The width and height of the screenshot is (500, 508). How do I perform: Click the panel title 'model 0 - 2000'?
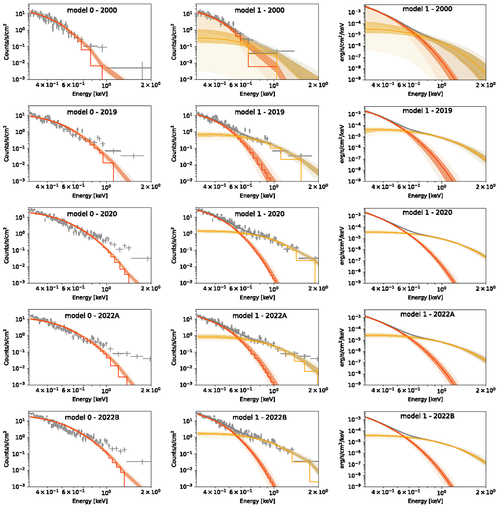coord(92,10)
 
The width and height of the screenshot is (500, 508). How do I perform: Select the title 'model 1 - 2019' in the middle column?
coord(259,112)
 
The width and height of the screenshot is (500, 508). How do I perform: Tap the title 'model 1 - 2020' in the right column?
coord(427,212)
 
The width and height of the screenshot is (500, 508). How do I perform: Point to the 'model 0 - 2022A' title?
coord(92,316)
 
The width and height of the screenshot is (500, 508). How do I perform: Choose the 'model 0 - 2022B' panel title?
coord(92,417)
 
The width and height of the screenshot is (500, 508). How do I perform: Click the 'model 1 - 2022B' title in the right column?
coord(427,416)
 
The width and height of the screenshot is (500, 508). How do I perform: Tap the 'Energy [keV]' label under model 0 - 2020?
coord(90,297)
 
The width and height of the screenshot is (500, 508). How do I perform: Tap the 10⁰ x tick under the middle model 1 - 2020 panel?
coord(274,289)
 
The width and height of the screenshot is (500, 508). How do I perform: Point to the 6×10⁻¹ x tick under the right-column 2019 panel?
coord(408,187)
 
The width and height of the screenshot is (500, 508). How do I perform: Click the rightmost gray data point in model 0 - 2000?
coord(142,67)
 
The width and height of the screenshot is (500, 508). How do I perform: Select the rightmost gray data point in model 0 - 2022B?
coord(142,461)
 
